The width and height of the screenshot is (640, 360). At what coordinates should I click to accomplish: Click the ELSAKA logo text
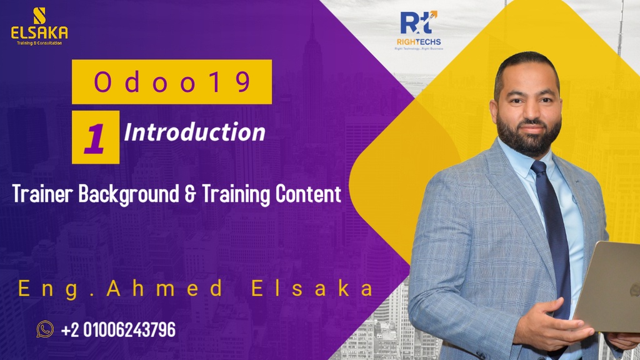tap(39, 32)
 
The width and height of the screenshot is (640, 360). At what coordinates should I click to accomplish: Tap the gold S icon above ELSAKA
tap(39, 14)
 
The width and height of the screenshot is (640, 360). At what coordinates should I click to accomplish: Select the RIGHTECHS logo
tap(420, 30)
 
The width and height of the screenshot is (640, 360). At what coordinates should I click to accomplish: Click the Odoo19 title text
tap(172, 82)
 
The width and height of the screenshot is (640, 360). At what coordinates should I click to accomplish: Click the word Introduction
tap(195, 132)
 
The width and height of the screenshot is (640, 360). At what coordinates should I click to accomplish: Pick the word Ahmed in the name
tap(165, 289)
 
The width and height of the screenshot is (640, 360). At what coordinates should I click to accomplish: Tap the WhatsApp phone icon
tap(45, 329)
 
